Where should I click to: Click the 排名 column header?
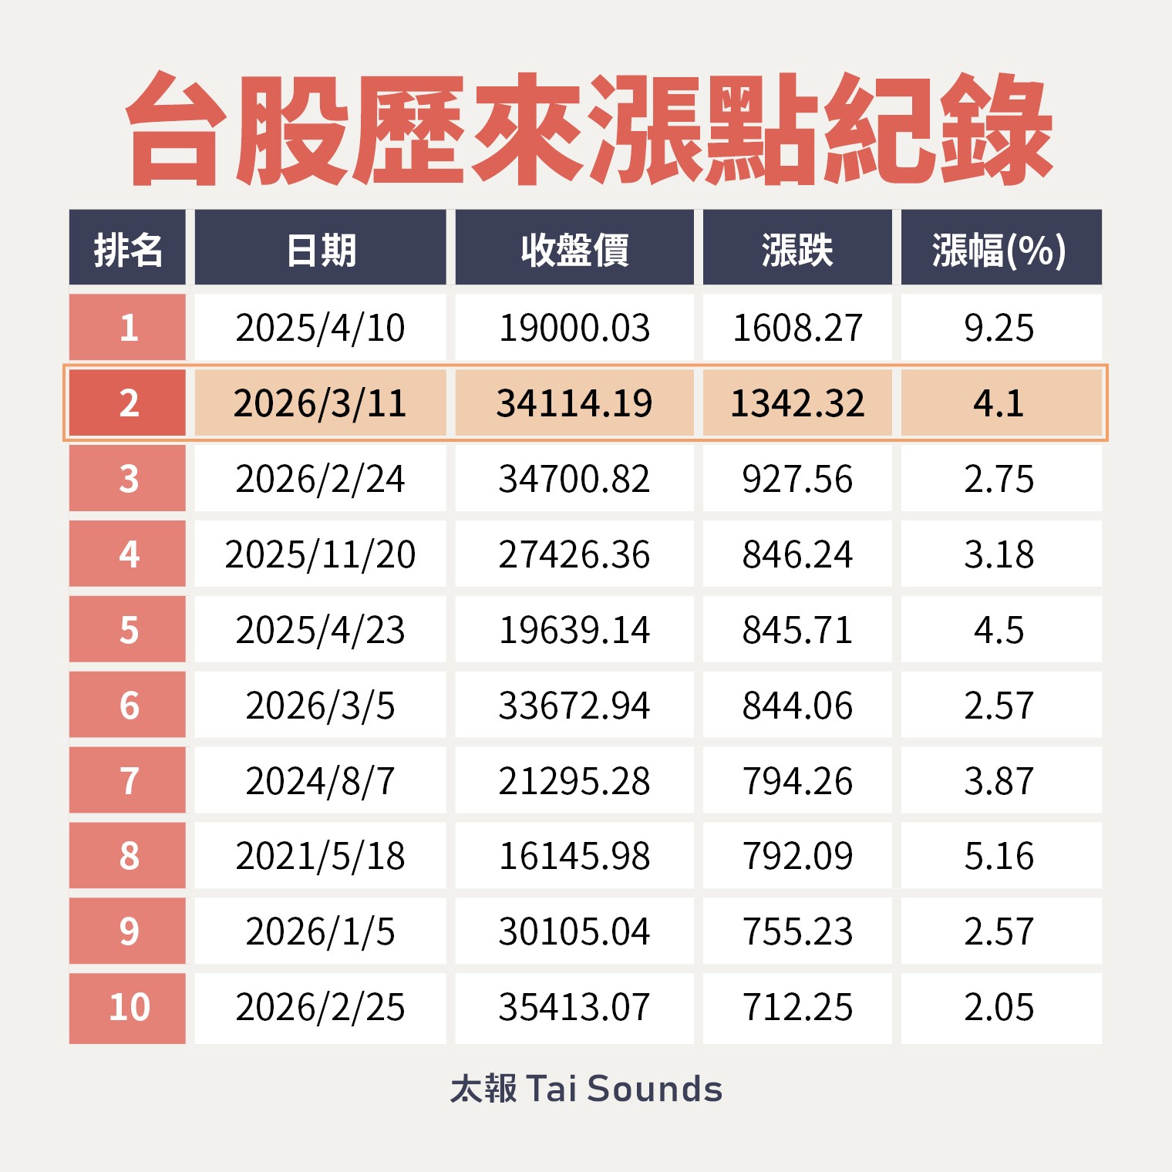pos(127,249)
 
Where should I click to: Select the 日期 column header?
pos(320,249)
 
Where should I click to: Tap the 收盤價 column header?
pos(574,249)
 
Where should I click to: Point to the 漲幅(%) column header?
pos(999,249)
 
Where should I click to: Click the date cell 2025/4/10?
pos(320,328)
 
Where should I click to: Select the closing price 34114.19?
pos(574,403)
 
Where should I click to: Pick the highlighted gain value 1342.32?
pos(797,403)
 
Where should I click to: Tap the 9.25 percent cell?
pos(999,328)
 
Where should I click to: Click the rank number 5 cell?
pos(129,630)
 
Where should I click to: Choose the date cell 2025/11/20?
pos(320,554)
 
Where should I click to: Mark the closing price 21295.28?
pos(574,781)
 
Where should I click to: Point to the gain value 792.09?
pos(797,856)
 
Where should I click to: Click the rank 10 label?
pos(129,1007)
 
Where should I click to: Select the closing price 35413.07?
pos(574,1007)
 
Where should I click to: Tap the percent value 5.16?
pos(999,856)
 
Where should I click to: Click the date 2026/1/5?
pos(320,931)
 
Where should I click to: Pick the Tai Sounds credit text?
pos(586,1089)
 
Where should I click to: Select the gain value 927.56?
pos(797,479)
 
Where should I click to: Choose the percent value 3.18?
pos(999,554)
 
